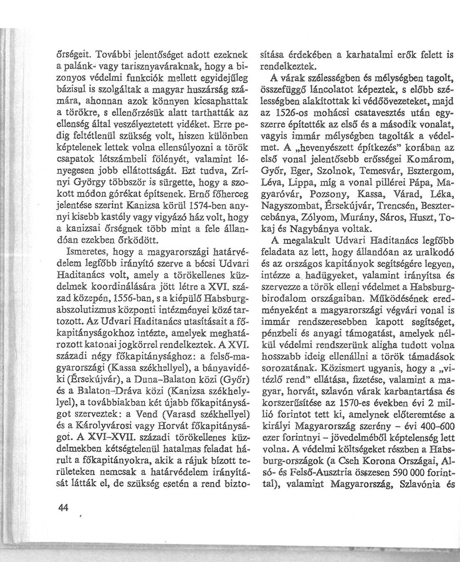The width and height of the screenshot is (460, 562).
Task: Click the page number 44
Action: tap(63, 480)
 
